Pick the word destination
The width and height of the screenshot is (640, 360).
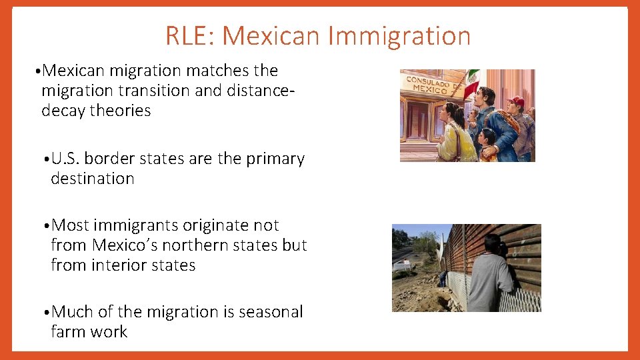tap(93, 179)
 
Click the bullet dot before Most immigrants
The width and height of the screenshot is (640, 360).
tap(45, 227)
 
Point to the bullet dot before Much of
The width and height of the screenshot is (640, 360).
tap(45, 313)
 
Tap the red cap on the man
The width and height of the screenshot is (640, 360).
tap(515, 101)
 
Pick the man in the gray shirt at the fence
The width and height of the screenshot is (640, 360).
tap(490, 273)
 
